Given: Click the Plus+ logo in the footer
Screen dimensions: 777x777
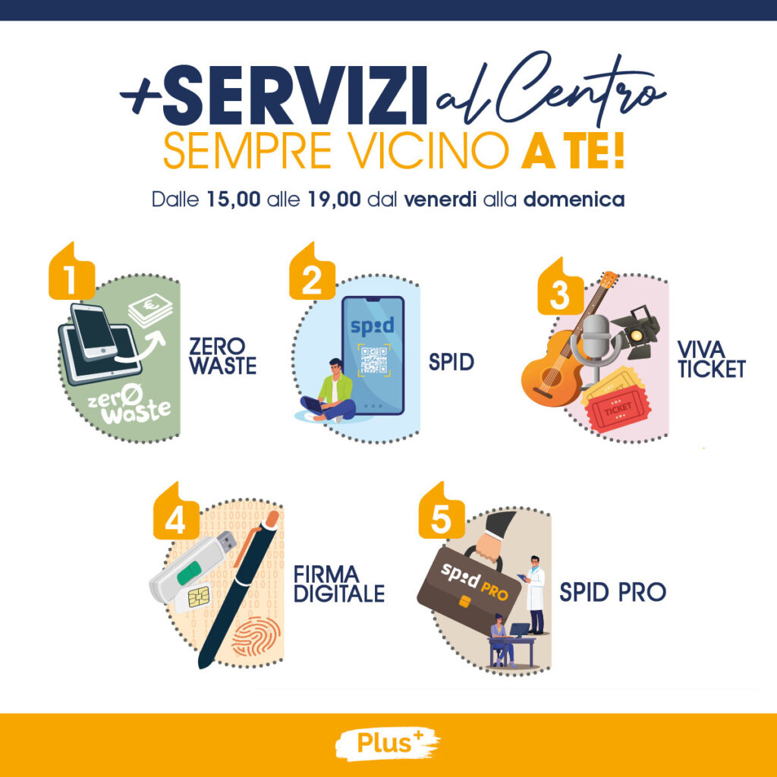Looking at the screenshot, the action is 387,743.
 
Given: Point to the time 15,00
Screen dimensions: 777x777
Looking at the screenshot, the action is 234,200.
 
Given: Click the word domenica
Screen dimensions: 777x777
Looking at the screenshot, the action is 574,200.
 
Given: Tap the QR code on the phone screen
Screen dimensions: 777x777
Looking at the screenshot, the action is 374,360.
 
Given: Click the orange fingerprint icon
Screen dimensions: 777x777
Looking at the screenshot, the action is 256,637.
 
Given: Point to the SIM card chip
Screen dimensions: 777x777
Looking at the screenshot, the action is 199,596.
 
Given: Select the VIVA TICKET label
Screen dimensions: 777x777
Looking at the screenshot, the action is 711,360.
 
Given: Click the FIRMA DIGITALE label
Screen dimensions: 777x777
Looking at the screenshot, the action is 339,584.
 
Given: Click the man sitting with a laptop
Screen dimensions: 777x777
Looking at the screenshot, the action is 329,391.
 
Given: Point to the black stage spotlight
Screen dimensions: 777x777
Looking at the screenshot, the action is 637,332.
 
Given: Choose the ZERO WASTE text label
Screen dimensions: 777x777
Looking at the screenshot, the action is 223,356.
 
